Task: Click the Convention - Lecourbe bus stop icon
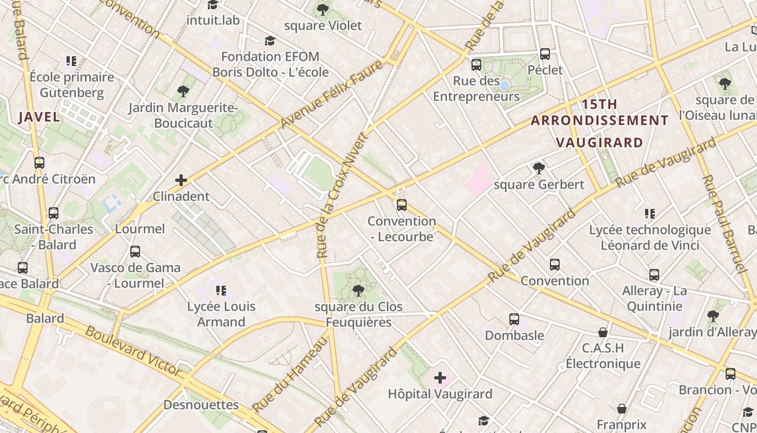[x=401, y=205]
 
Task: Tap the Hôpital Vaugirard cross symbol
[x=440, y=377]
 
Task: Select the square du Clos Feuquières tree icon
[x=358, y=291]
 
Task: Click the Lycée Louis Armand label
[x=221, y=314]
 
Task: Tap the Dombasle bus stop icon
[x=514, y=319]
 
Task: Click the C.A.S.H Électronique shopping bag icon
[x=603, y=332]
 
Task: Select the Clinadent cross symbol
[x=181, y=180]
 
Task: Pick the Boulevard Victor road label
[x=134, y=351]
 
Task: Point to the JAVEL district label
[x=39, y=116]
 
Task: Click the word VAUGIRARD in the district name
[x=600, y=142]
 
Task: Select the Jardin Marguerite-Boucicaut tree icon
[x=183, y=91]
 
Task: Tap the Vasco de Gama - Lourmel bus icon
[x=135, y=252]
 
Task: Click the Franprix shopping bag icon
[x=622, y=409]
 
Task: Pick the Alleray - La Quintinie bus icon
[x=654, y=275]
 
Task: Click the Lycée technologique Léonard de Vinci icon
[x=650, y=214]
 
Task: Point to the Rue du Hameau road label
[x=290, y=373]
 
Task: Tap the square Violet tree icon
[x=323, y=9]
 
